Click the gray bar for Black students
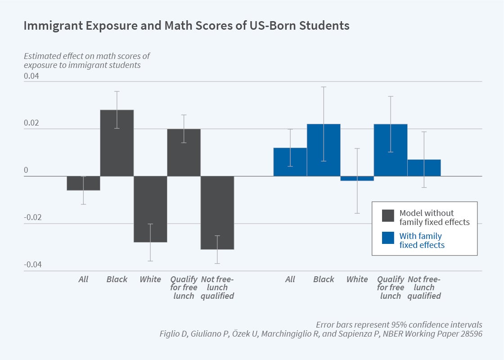[117, 143]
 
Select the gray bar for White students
[150, 209]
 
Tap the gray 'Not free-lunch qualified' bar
[217, 212]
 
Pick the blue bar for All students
[290, 162]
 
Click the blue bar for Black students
[324, 150]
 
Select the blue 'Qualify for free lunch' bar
[391, 150]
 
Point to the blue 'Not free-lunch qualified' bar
[424, 168]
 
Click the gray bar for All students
[83, 183]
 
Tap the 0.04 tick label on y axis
[31, 76]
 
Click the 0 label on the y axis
[26, 171]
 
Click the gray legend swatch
[388, 216]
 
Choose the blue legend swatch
[388, 238]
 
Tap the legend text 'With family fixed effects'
[421, 241]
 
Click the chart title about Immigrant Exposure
[186, 26]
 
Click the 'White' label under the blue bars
[357, 279]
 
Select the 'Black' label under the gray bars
[117, 279]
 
